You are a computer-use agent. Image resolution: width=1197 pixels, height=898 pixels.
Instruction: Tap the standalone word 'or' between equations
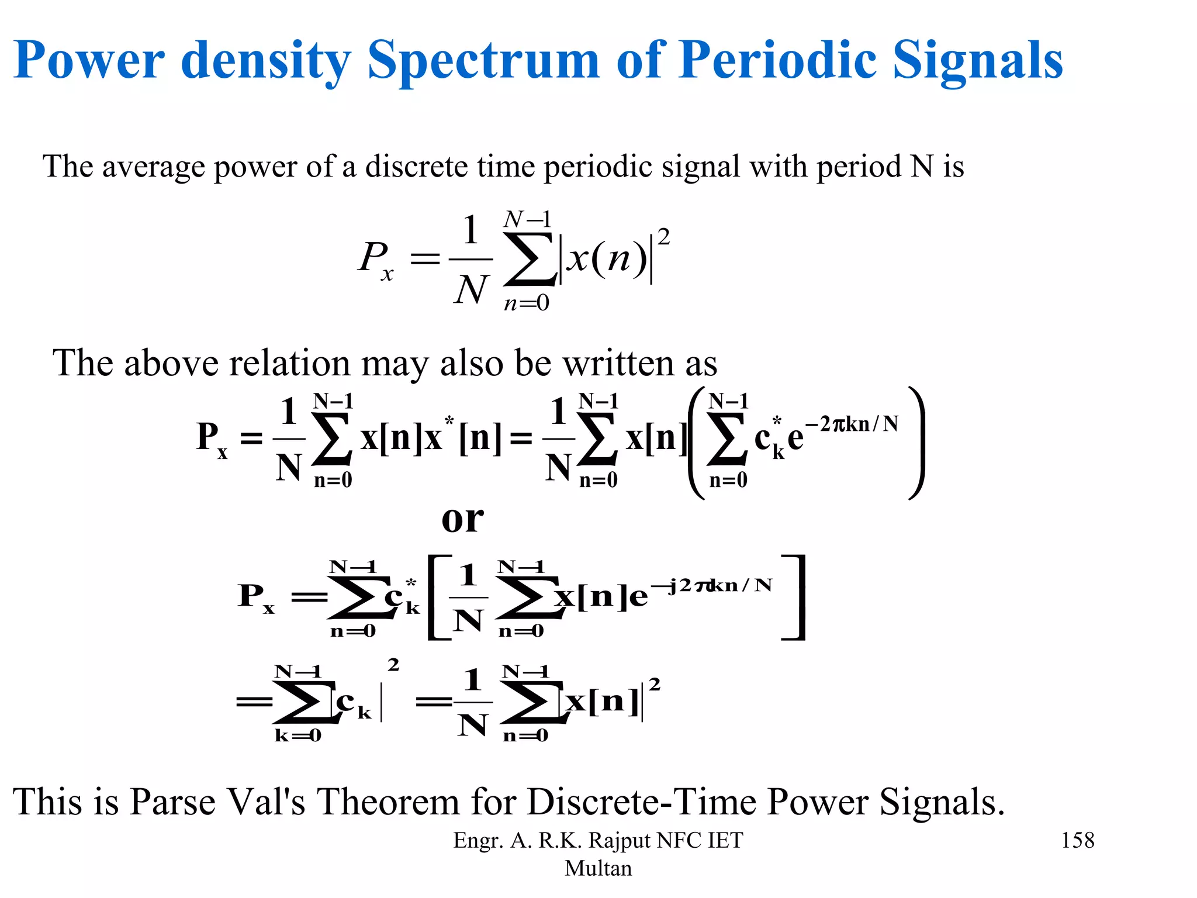click(462, 519)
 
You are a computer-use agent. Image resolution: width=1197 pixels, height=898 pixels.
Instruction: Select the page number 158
click(1077, 840)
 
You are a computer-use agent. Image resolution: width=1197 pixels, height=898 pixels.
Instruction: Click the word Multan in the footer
click(598, 868)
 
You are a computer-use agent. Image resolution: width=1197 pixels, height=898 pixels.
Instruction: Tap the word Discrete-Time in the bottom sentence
click(642, 802)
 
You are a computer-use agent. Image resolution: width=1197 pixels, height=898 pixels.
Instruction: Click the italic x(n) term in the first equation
click(607, 258)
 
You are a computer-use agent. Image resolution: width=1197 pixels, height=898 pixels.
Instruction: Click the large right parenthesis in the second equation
click(916, 443)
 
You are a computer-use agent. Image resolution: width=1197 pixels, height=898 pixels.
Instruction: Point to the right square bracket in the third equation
click(795, 597)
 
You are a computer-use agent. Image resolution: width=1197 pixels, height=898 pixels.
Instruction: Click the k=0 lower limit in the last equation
click(297, 735)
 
